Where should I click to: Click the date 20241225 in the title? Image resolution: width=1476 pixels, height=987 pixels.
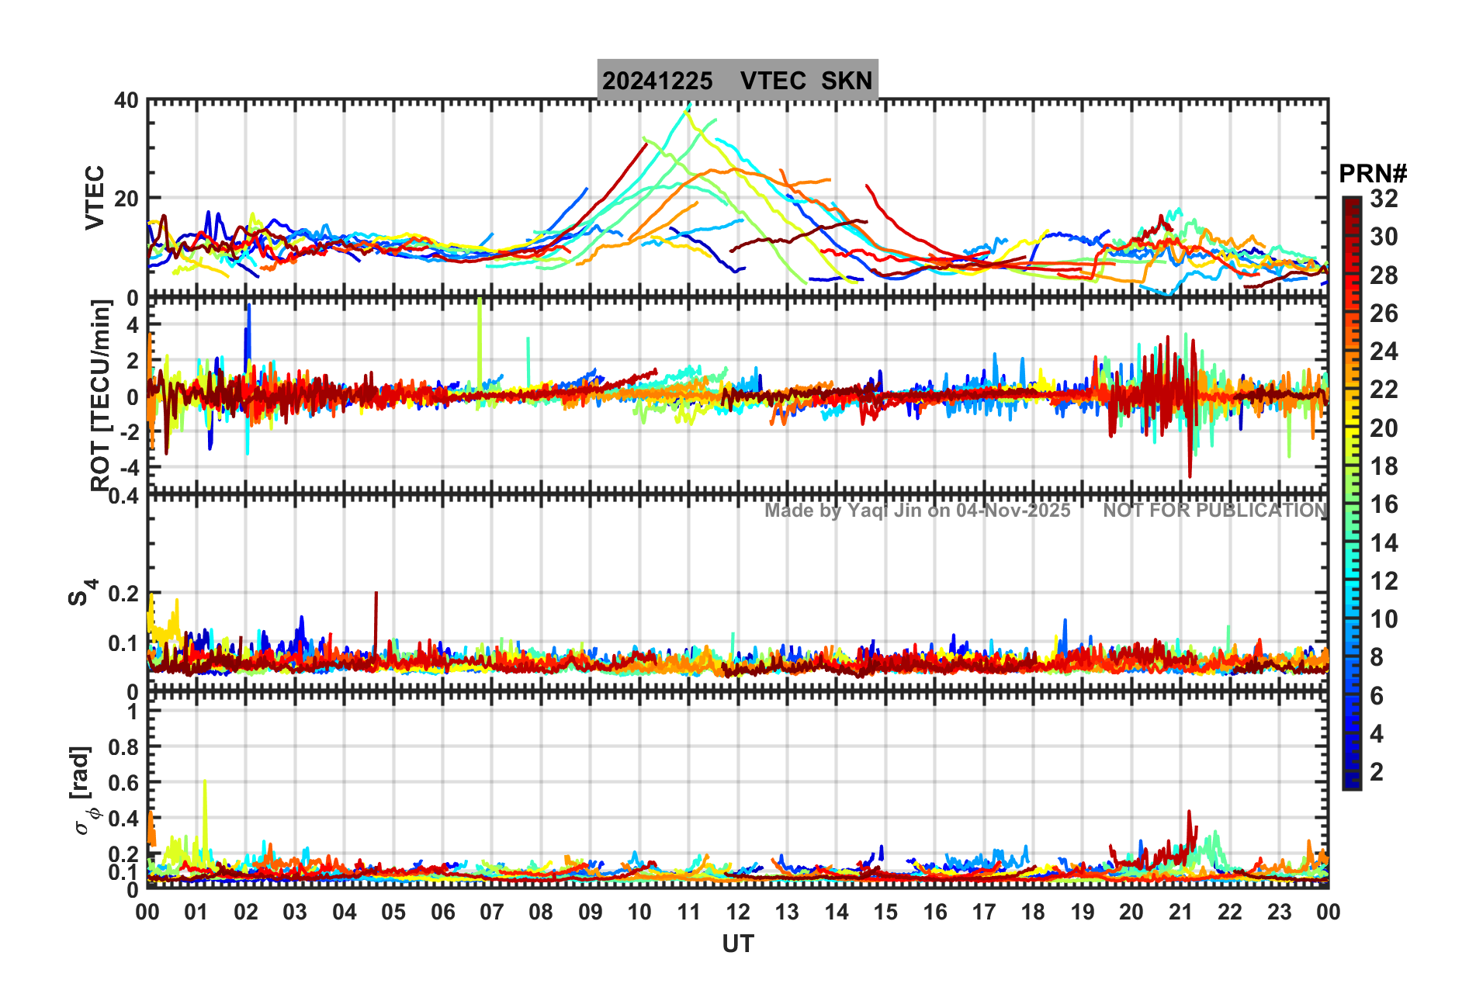[657, 81]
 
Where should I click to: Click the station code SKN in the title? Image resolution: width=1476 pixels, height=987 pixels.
[847, 81]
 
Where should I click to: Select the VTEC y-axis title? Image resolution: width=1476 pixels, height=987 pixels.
[95, 198]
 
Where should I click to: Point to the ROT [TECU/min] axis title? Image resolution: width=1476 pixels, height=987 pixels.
[100, 396]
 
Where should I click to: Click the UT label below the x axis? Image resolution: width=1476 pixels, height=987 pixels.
[737, 944]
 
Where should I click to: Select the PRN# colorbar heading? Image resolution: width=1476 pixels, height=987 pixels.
[1373, 174]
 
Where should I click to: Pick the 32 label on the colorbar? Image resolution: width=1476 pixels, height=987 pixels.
[1384, 199]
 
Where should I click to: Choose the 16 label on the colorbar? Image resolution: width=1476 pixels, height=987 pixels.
[1384, 504]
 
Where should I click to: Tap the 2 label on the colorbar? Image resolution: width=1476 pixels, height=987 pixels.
[1377, 771]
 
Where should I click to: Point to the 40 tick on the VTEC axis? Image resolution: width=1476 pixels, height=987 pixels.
[126, 101]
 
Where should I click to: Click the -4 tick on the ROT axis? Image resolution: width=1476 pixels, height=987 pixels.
[129, 467]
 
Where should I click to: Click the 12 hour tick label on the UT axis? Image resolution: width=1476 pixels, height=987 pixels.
[737, 912]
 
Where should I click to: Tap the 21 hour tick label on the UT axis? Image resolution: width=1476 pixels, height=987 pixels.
[1180, 912]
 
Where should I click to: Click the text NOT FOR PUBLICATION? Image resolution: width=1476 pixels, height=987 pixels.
[1214, 511]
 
